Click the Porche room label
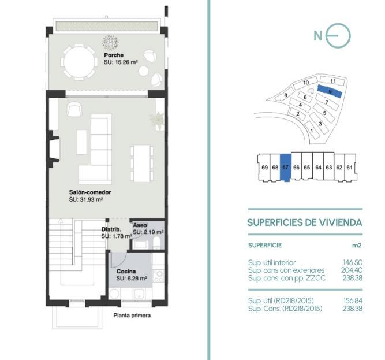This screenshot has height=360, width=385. (114, 55)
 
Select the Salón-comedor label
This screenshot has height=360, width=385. (90, 192)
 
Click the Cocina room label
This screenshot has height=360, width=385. (126, 271)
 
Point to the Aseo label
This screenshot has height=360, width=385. (140, 225)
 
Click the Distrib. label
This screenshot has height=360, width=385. (111, 229)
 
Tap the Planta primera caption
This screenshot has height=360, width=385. (132, 316)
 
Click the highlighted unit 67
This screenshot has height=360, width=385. (285, 168)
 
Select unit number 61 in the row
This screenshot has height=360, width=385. (349, 168)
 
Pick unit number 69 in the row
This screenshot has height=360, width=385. (265, 168)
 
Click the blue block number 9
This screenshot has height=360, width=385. (330, 91)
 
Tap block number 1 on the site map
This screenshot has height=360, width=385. (312, 131)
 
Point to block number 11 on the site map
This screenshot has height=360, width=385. (333, 81)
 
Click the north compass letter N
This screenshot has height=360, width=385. (318, 36)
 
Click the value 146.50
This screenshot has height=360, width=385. (353, 263)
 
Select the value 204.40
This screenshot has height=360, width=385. (352, 270)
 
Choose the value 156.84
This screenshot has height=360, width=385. (353, 300)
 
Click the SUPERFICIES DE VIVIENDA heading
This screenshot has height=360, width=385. (305, 222)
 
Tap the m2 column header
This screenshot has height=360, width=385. (357, 245)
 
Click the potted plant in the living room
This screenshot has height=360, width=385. (157, 120)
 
